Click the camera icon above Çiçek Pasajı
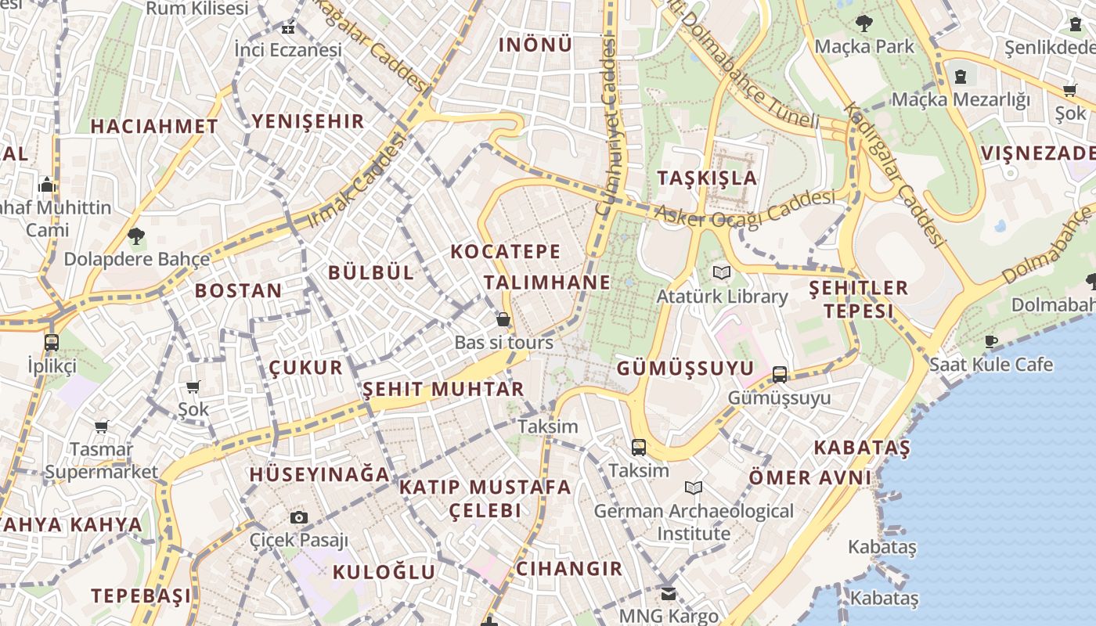[298, 517]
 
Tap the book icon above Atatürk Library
[721, 273]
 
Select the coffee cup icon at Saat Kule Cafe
[990, 341]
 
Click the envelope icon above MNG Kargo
[668, 593]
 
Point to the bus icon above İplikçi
[52, 342]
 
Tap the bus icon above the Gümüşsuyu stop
[780, 375]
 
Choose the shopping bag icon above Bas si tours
[503, 319]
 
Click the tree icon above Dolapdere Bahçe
[136, 236]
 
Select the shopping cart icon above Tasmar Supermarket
[101, 426]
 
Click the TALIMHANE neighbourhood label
[546, 282]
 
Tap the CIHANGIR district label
[569, 569]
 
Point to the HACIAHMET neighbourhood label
[153, 126]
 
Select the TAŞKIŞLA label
[707, 178]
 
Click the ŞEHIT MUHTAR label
[443, 389]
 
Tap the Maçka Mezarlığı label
[961, 99]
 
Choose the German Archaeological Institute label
[694, 522]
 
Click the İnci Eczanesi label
[288, 50]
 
